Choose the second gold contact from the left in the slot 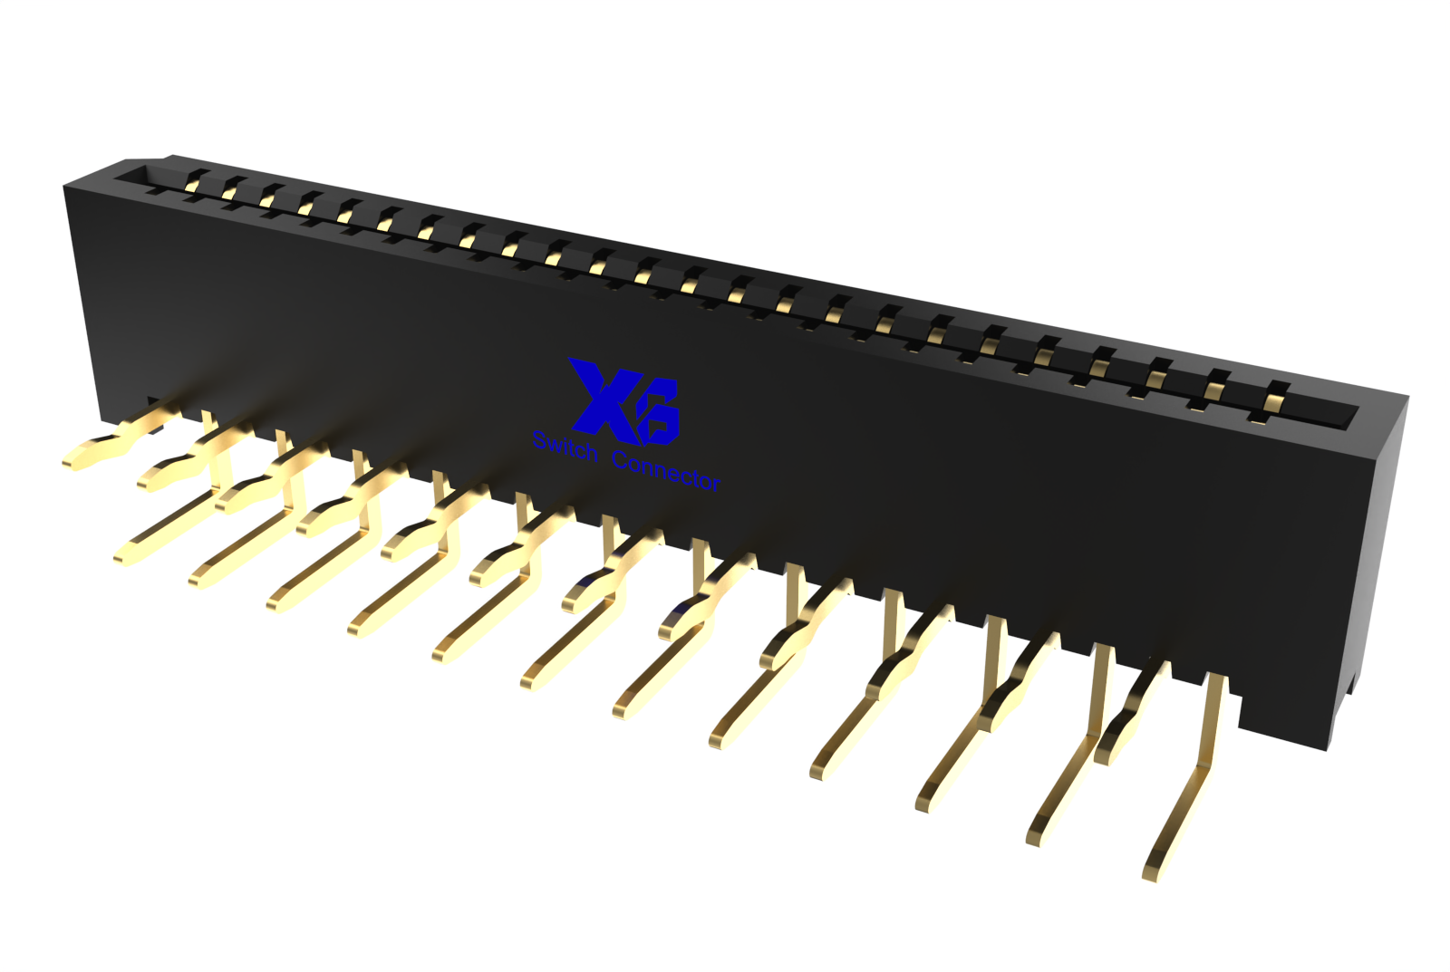click(x=230, y=190)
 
